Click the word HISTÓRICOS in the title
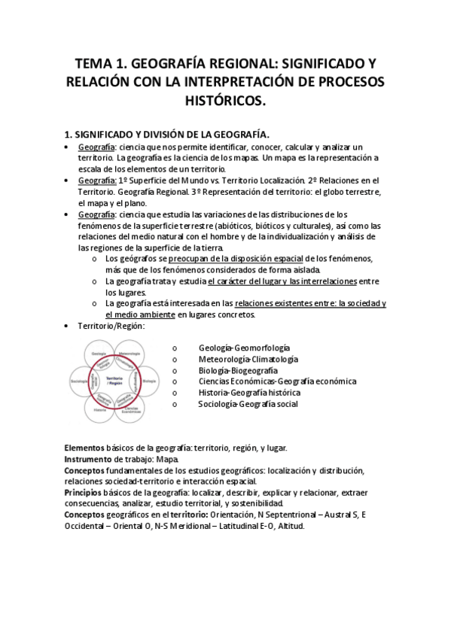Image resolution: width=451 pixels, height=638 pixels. (x=226, y=100)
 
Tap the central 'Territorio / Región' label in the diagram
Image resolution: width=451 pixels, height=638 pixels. (x=114, y=380)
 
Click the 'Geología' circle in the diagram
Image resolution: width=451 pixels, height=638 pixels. (x=97, y=352)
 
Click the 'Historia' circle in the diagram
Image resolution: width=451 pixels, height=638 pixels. (x=99, y=410)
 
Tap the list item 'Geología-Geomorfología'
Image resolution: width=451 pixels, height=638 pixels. (x=245, y=348)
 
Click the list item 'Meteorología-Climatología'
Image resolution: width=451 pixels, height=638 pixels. (x=248, y=359)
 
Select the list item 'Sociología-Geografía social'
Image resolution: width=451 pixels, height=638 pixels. (x=248, y=404)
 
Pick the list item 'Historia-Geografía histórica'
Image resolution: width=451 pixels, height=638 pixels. (x=249, y=393)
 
